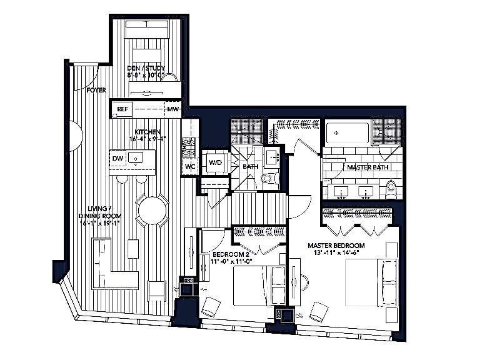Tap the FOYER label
96,89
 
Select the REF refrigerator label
123,110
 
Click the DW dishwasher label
118,159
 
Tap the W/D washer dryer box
215,162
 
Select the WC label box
190,166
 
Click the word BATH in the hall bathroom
250,167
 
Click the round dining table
153,211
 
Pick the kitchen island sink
136,157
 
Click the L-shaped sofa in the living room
113,269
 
